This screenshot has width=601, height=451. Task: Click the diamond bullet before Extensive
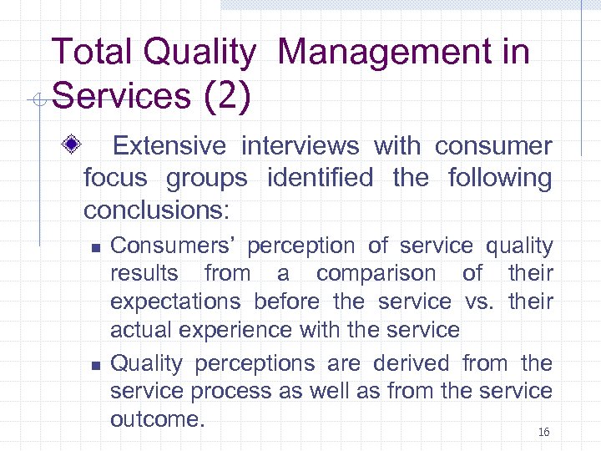(73, 146)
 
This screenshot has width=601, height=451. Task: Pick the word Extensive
(169, 146)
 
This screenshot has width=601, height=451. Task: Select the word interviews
(300, 146)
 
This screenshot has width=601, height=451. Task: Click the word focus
(116, 178)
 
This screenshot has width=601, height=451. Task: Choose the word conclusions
(155, 209)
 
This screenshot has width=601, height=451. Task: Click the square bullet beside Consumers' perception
(95, 248)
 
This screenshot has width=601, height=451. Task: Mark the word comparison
(376, 273)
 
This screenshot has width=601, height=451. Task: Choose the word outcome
(158, 418)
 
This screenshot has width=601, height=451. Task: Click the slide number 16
(543, 433)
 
